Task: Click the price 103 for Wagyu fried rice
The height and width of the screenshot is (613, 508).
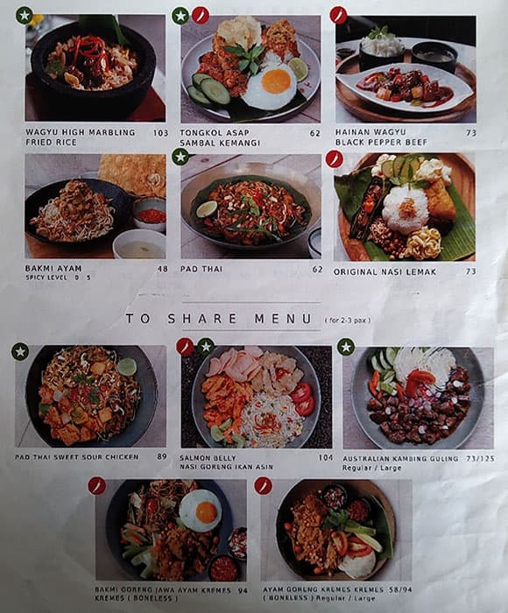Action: [159, 133]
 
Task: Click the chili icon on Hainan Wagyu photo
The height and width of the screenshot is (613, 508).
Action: [338, 15]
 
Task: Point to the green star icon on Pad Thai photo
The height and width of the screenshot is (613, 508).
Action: [180, 157]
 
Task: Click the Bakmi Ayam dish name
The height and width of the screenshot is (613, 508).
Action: [51, 269]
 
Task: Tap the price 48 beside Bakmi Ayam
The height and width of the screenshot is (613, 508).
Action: [162, 269]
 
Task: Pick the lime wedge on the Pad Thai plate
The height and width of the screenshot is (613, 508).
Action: [207, 208]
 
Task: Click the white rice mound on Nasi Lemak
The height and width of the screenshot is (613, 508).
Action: [406, 209]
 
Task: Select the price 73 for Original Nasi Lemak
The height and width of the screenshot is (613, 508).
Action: [470, 271]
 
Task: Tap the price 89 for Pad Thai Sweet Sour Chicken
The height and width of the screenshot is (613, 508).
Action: [161, 456]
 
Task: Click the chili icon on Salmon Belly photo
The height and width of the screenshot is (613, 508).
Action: [186, 347]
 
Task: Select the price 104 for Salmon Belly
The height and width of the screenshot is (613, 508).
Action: [326, 457]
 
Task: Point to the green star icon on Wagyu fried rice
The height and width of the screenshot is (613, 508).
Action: [24, 15]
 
